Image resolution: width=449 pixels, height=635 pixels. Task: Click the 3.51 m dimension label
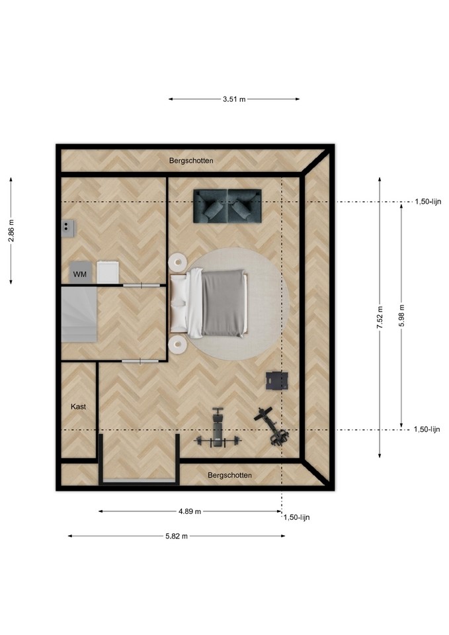pyautogui.click(x=234, y=99)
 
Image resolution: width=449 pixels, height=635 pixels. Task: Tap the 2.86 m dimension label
pyautogui.click(x=11, y=230)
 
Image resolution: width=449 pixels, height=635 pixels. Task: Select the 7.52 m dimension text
pyautogui.click(x=380, y=317)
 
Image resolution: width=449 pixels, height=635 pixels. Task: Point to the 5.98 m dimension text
pyautogui.click(x=401, y=316)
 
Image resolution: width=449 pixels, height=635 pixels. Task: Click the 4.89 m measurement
pyautogui.click(x=190, y=511)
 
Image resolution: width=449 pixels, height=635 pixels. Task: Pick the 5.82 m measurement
pyautogui.click(x=177, y=536)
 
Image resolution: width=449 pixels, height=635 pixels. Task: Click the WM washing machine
pyautogui.click(x=80, y=273)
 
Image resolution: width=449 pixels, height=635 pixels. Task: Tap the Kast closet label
pyautogui.click(x=78, y=407)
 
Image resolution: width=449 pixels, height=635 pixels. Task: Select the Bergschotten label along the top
pyautogui.click(x=191, y=161)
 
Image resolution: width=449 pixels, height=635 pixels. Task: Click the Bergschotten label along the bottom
pyautogui.click(x=229, y=475)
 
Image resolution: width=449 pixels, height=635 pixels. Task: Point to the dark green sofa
pyautogui.click(x=227, y=206)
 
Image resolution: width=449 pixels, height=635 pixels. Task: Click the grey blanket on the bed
pyautogui.click(x=224, y=304)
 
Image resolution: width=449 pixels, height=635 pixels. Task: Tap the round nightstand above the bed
pyautogui.click(x=177, y=262)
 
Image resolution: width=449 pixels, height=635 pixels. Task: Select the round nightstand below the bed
pyautogui.click(x=177, y=345)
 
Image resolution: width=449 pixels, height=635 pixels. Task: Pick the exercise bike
pyautogui.click(x=272, y=427)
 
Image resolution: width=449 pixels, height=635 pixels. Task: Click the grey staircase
pyautogui.click(x=79, y=314)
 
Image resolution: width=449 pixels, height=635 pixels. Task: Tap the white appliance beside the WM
pyautogui.click(x=108, y=272)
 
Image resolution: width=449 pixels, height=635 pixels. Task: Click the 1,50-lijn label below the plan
pyautogui.click(x=296, y=517)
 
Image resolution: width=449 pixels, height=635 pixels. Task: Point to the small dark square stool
pyautogui.click(x=277, y=381)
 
